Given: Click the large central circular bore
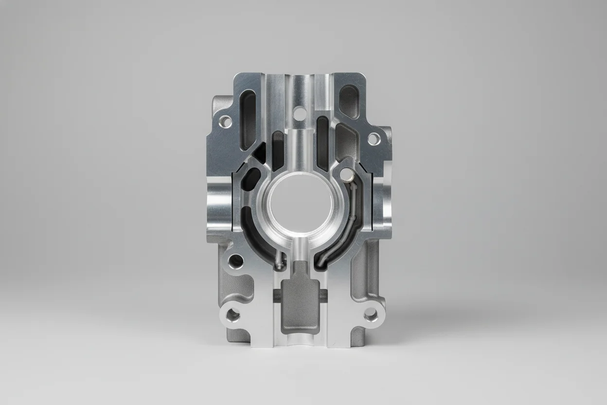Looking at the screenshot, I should tap(298, 204).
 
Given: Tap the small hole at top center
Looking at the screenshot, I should tap(300, 113).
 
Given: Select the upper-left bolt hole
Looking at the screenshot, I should tap(226, 121).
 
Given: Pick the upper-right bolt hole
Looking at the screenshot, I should tap(373, 139).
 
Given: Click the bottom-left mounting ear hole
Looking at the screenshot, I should tap(233, 316).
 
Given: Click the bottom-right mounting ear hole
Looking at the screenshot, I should tap(371, 316).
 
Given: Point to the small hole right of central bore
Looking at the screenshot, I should tap(347, 174).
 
